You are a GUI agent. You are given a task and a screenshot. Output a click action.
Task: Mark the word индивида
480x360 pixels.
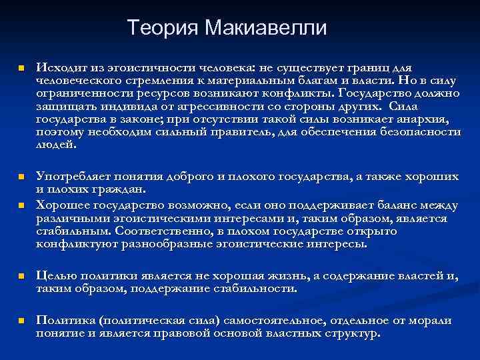pos(121,106)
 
